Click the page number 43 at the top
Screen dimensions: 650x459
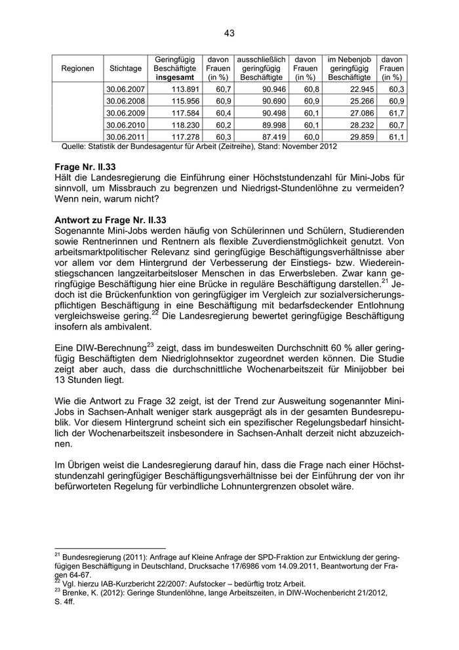tap(229, 33)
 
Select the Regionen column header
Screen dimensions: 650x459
tap(77, 68)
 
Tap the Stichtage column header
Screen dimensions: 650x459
tap(125, 68)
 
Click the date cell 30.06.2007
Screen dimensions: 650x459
tap(125, 89)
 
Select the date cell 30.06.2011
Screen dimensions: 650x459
tap(125, 137)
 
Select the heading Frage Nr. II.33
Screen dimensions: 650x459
tap(89, 167)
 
